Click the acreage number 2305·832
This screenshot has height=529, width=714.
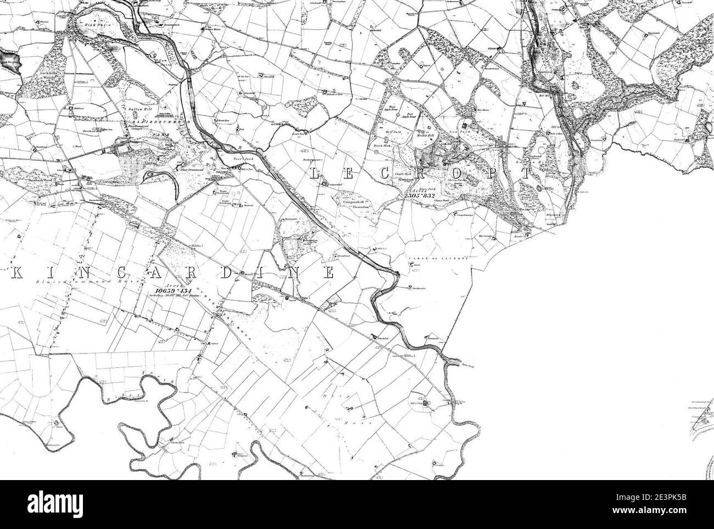point(418,196)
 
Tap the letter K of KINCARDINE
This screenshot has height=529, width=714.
point(15,274)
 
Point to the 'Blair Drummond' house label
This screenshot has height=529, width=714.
point(189,170)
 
